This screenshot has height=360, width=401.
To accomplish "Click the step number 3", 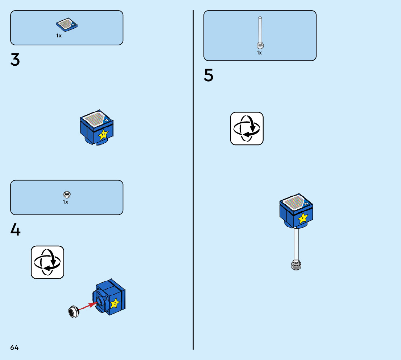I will (x=15, y=60).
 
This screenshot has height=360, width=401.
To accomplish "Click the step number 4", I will (x=15, y=230).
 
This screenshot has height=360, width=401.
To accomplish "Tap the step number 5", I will (x=208, y=75).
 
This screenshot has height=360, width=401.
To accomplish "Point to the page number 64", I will (x=15, y=347).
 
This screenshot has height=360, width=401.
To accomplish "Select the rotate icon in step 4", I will (x=47, y=262).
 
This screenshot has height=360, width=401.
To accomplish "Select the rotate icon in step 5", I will (x=247, y=128).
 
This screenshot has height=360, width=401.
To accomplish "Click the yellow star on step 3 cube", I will (x=103, y=135).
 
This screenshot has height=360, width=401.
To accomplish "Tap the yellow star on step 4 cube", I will (x=115, y=303).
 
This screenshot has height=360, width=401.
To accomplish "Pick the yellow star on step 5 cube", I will (x=303, y=218).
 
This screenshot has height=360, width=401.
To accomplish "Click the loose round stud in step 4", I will (x=74, y=311).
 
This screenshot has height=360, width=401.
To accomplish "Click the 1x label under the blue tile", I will (x=59, y=36).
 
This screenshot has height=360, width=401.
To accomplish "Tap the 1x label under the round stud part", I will (x=65, y=202).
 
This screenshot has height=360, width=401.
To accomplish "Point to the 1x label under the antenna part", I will (x=259, y=53).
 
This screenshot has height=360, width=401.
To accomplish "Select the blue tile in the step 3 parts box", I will (x=67, y=25).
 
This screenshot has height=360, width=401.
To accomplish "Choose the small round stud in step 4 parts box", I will (x=66, y=194).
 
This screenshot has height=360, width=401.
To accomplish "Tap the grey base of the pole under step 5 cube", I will (x=296, y=266).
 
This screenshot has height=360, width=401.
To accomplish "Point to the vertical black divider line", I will (x=193, y=181).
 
